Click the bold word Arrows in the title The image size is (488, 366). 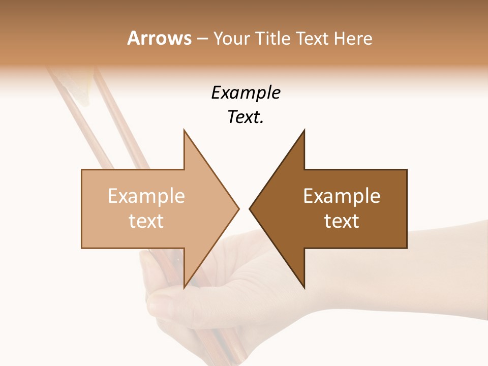(159, 38)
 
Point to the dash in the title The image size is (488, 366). (202, 39)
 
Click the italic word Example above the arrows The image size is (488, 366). (246, 93)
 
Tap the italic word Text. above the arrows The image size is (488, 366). (246, 117)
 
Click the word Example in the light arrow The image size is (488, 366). (146, 196)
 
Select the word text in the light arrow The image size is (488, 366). (146, 221)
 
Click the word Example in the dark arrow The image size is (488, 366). (342, 196)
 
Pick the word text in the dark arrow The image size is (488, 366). (342, 221)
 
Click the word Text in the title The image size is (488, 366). (314, 38)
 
